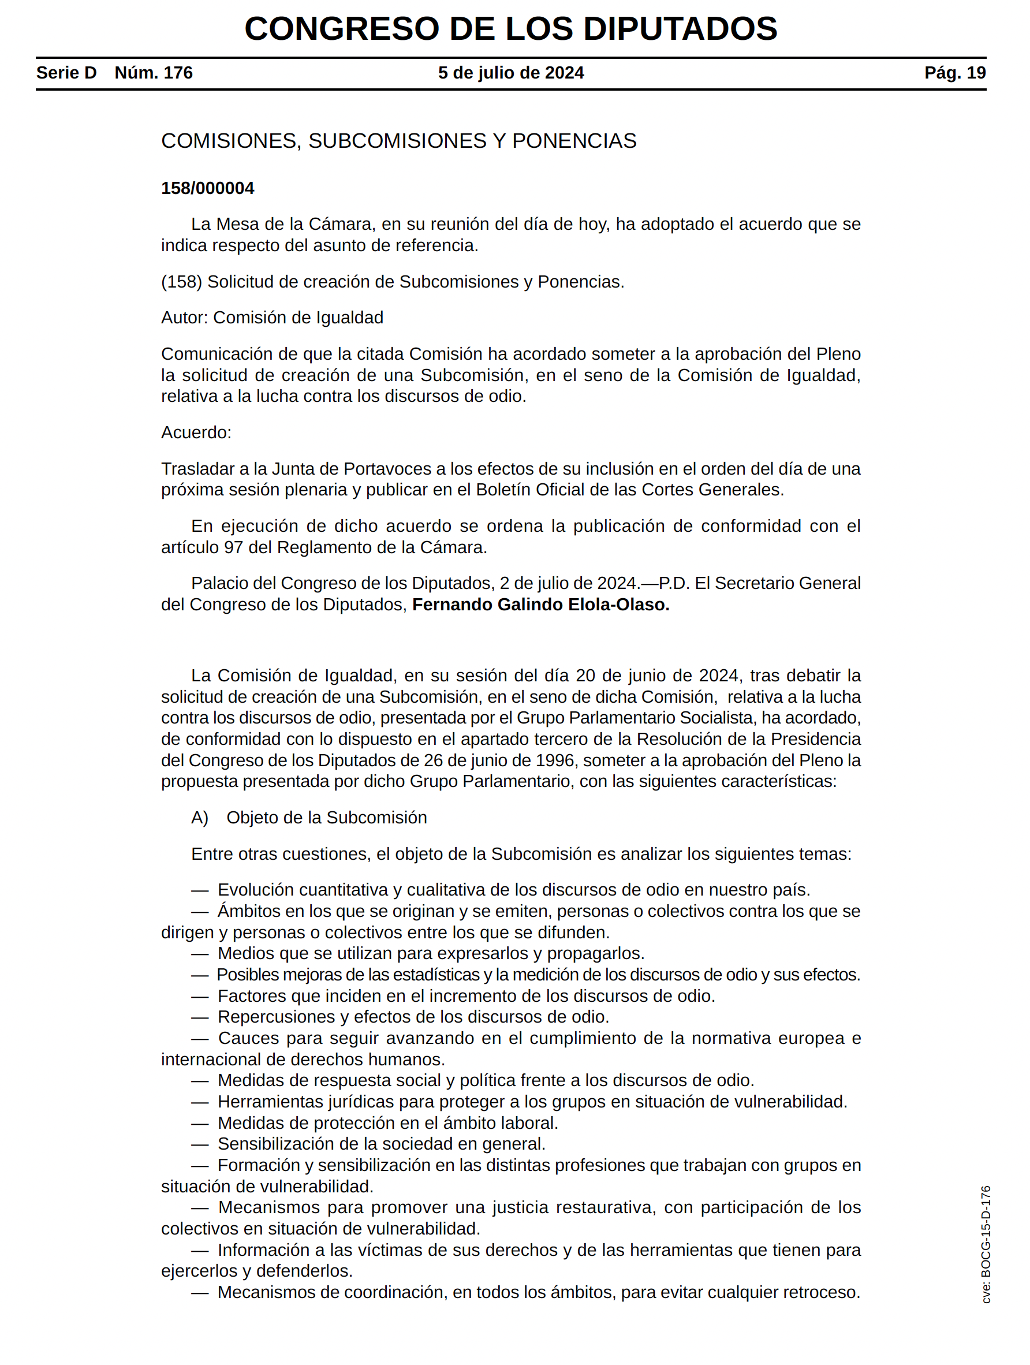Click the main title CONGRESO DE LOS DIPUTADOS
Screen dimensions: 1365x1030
[x=510, y=28]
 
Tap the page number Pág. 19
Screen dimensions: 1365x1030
[x=954, y=73]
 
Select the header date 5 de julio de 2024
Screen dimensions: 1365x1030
[x=510, y=73]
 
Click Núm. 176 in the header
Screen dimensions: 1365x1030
[x=154, y=73]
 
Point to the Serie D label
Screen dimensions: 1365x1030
[x=66, y=73]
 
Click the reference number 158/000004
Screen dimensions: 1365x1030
[x=207, y=188]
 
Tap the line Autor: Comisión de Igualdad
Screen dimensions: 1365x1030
[x=271, y=317]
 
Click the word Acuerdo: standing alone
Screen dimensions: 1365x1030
[x=196, y=432]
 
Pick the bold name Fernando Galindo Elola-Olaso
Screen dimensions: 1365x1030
[x=540, y=604]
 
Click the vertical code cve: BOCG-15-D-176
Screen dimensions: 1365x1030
[x=986, y=1244]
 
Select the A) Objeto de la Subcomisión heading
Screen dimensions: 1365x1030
[x=308, y=817]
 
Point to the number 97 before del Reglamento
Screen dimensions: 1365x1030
[x=233, y=547]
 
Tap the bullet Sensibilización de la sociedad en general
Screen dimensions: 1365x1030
[x=381, y=1143]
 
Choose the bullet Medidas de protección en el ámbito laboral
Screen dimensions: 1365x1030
[x=387, y=1122]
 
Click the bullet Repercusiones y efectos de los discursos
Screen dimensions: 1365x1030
[x=413, y=1016]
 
